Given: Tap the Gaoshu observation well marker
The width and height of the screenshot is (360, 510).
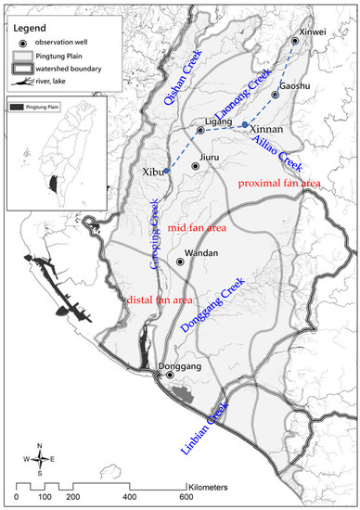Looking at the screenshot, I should click(276, 95).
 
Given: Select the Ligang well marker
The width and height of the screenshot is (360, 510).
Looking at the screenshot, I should click(200, 131).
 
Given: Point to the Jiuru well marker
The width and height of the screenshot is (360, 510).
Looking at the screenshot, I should click(195, 166).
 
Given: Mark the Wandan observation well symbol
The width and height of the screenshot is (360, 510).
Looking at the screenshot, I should click(182, 262).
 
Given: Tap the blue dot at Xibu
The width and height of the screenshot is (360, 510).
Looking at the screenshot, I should click(167, 171).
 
